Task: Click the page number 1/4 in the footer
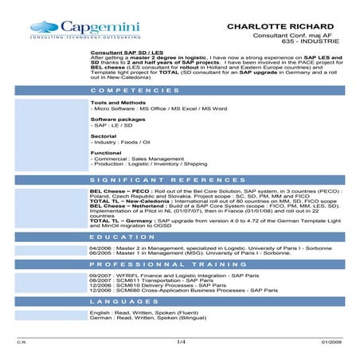pyautogui.click(x=180, y=342)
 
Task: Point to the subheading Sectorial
pyautogui.click(x=104, y=136)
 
